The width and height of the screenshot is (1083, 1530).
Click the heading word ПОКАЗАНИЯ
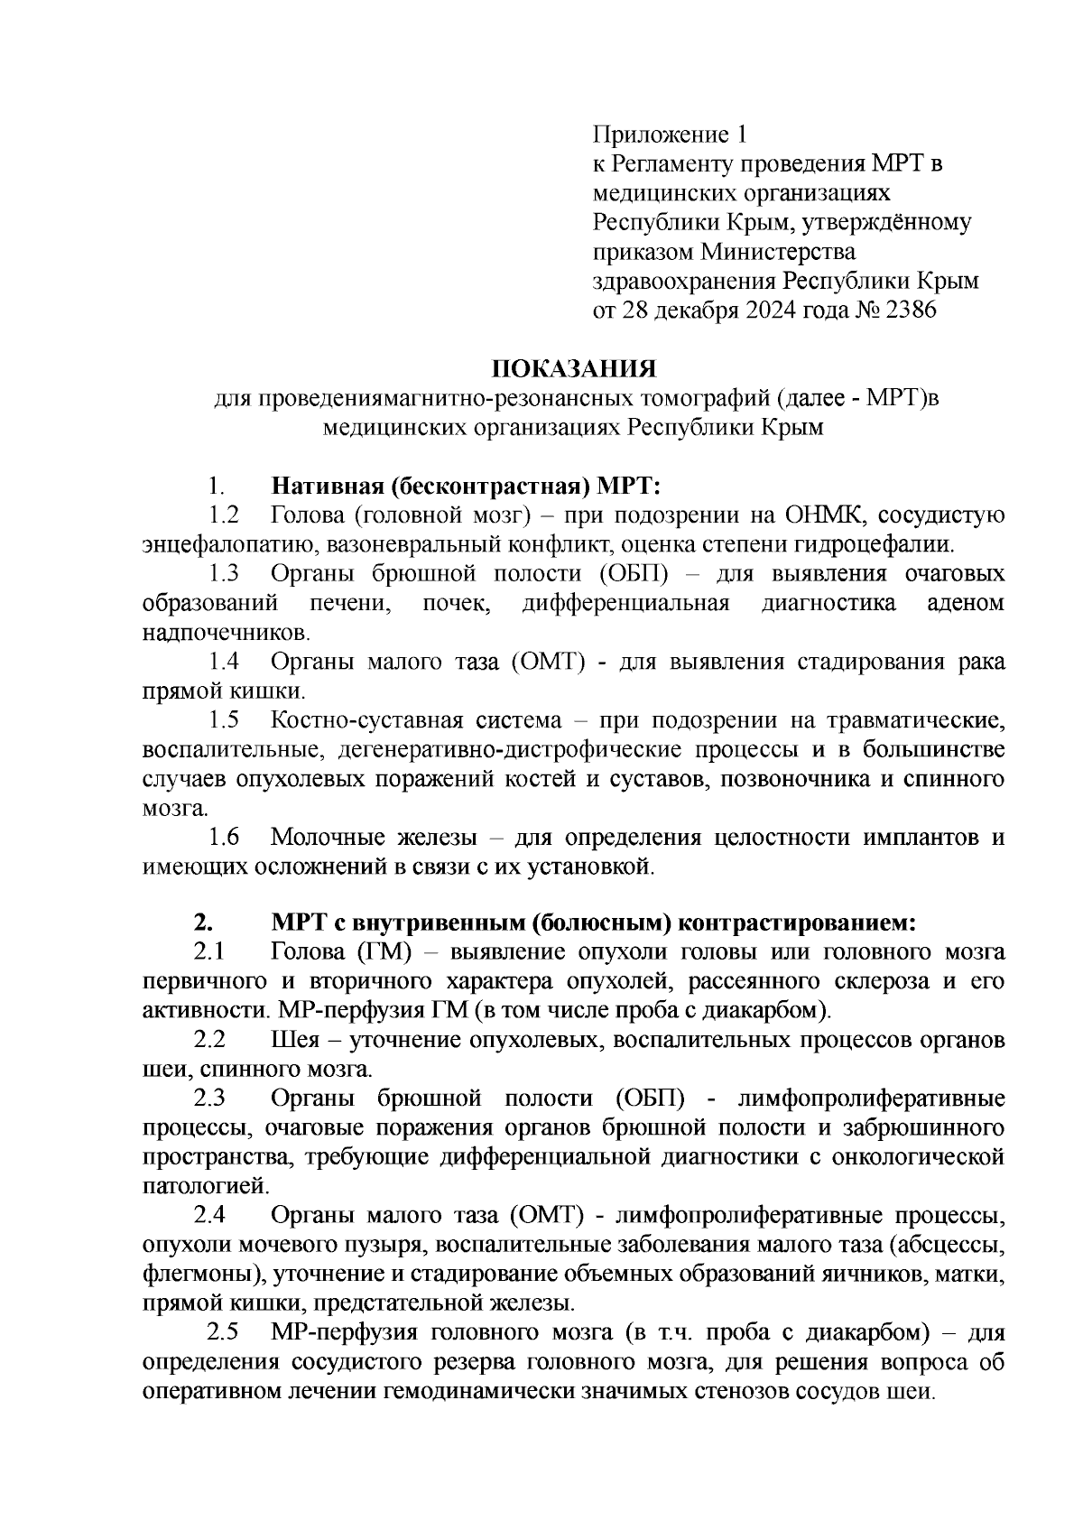573,369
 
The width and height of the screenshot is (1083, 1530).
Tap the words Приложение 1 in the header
670,135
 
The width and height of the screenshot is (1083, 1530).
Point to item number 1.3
224,574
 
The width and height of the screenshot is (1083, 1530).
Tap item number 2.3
209,1099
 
